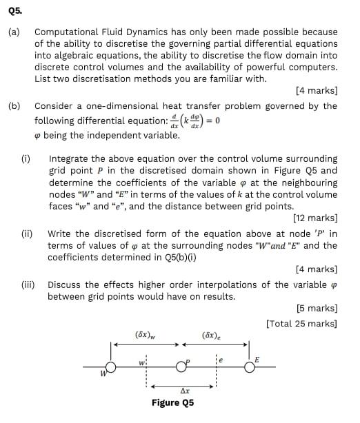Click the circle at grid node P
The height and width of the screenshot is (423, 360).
pyautogui.click(x=181, y=366)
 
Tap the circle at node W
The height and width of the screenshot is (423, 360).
pyautogui.click(x=110, y=367)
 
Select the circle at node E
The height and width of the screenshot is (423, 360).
pyautogui.click(x=250, y=367)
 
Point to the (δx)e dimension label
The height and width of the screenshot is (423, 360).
pyautogui.click(x=212, y=335)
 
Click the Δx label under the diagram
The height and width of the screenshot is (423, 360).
pyautogui.click(x=184, y=391)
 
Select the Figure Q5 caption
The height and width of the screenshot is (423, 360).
pyautogui.click(x=172, y=403)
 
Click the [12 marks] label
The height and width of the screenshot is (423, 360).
pyautogui.click(x=314, y=219)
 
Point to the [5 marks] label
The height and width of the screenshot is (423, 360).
pyautogui.click(x=316, y=309)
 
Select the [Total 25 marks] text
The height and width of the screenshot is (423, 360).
pyautogui.click(x=301, y=323)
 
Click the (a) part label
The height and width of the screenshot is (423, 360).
pyautogui.click(x=14, y=32)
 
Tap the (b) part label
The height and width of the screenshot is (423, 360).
pyautogui.click(x=14, y=106)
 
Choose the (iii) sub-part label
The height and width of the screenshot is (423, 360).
pyautogui.click(x=28, y=285)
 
